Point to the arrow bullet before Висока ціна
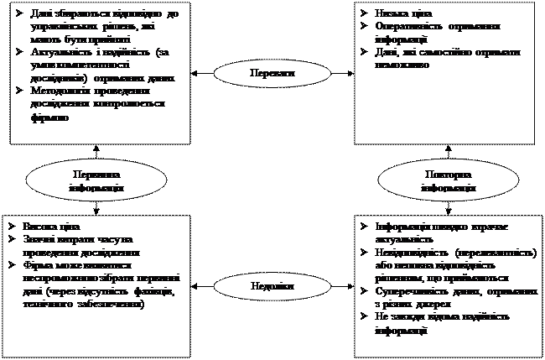coord(9,227)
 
